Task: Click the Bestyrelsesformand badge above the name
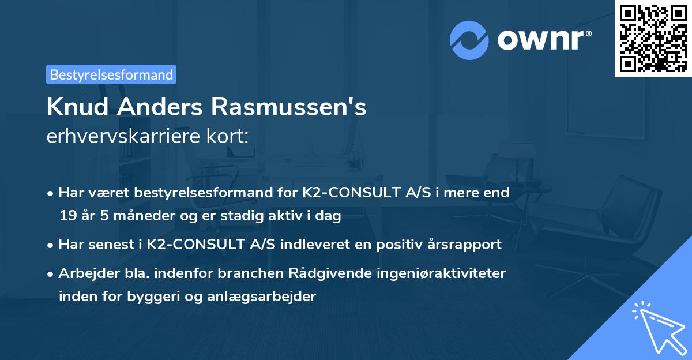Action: (111, 74)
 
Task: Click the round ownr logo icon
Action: (469, 40)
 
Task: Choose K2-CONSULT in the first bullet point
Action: (344, 193)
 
